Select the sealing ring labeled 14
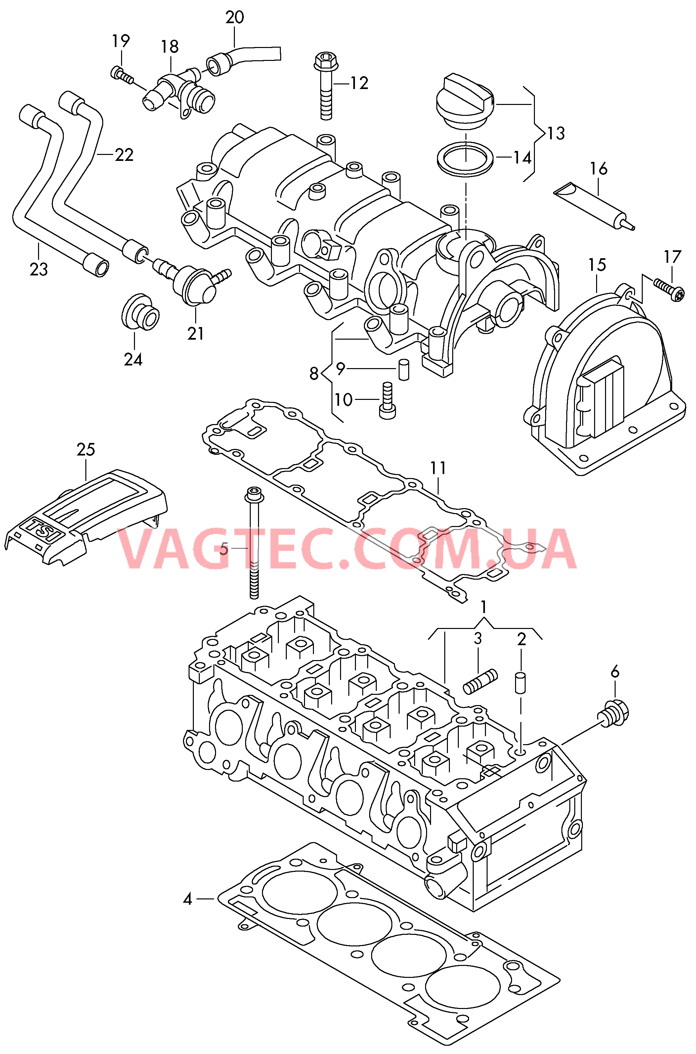tap(465, 159)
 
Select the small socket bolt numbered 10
tap(387, 400)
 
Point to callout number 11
tap(438, 469)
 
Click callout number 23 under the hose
tap(39, 269)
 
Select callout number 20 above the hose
tap(235, 18)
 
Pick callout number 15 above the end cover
tap(597, 265)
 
